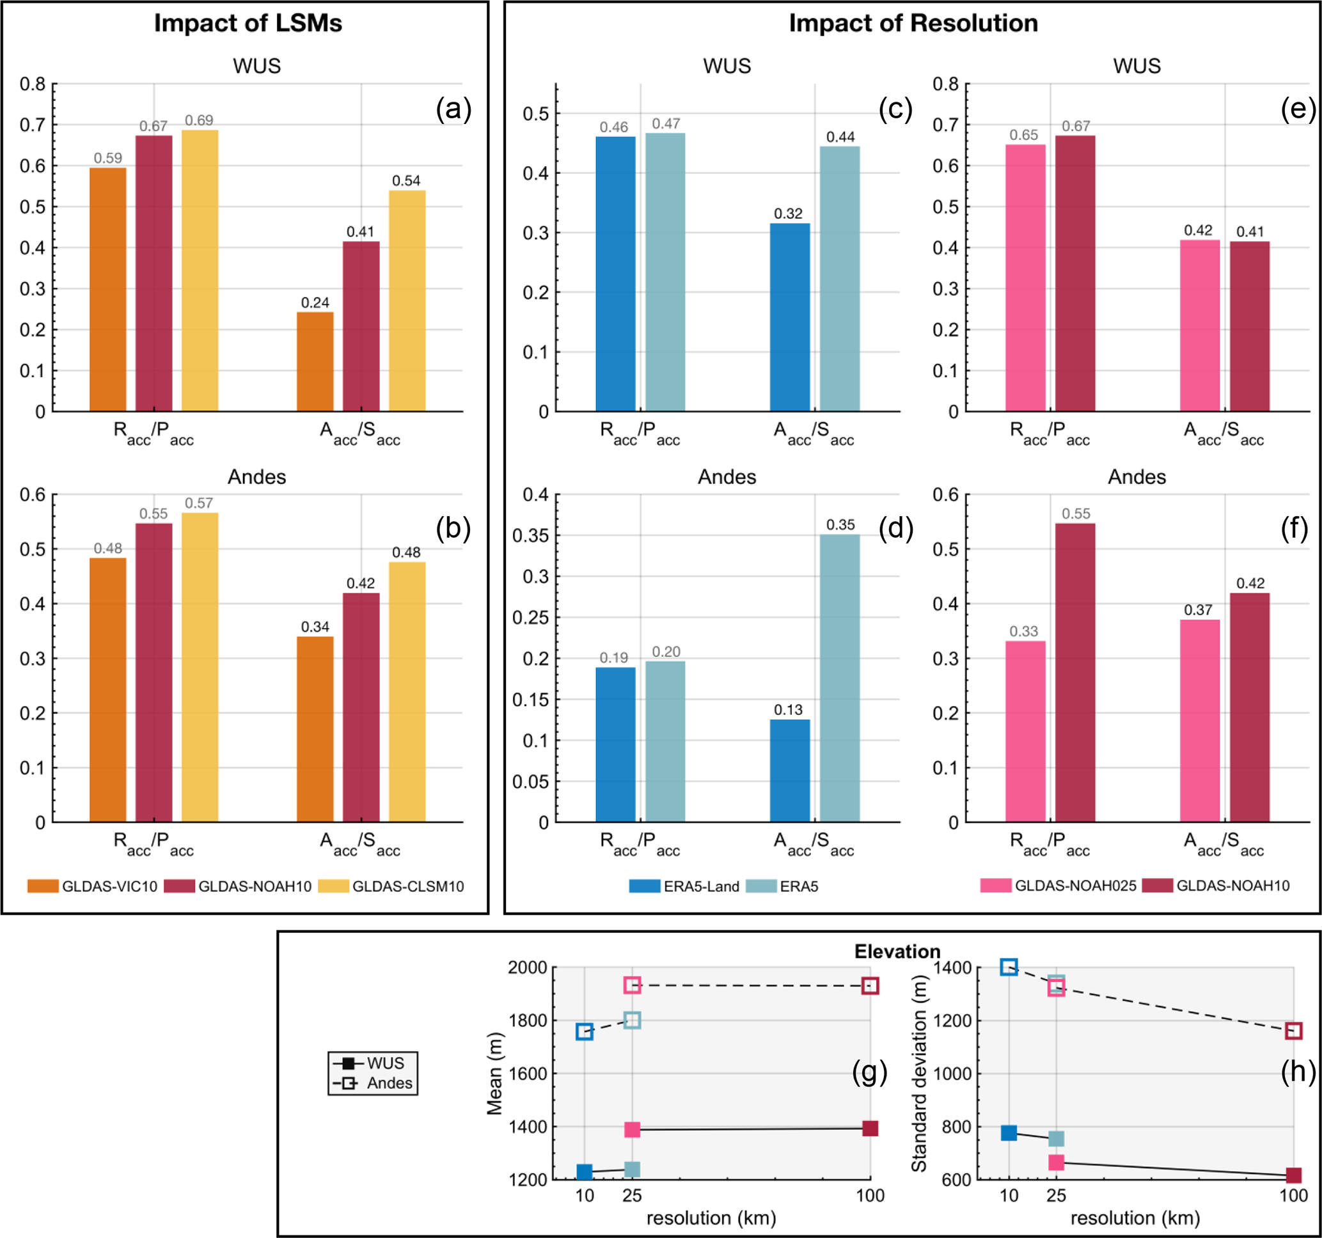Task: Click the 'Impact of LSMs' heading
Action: point(248,23)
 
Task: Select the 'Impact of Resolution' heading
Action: point(913,23)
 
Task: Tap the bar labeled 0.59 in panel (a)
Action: point(107,289)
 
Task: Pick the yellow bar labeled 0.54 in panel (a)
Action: point(407,301)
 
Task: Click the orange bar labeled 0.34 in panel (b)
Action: point(315,730)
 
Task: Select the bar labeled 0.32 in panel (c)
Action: point(789,317)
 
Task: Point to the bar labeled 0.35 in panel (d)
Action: point(839,678)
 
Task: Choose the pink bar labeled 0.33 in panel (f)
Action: point(1025,732)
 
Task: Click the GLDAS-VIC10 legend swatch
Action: point(43,886)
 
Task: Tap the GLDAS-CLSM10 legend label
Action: point(407,886)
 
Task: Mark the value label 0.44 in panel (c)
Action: point(840,137)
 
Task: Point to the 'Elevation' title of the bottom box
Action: point(897,952)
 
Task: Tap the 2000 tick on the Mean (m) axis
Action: point(528,968)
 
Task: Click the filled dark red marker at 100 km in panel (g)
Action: point(870,1128)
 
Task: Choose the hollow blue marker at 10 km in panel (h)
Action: point(1009,968)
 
